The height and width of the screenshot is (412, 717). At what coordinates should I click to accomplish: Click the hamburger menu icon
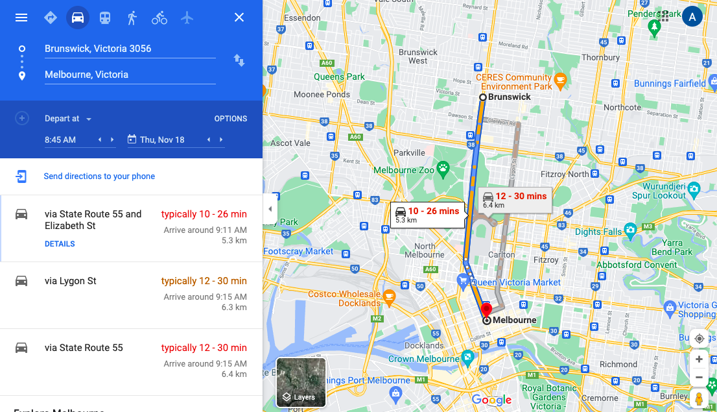[x=21, y=18]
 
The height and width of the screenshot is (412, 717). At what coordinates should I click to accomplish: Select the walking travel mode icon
[x=132, y=18]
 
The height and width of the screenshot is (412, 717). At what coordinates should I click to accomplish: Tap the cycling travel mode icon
[x=159, y=18]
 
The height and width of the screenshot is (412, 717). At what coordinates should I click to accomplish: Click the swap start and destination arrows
[x=239, y=60]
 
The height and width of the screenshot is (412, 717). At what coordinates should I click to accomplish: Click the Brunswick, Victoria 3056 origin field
[x=130, y=49]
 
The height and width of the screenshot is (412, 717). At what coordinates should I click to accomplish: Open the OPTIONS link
[x=231, y=119]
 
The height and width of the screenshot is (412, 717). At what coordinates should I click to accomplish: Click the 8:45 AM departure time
[x=60, y=139]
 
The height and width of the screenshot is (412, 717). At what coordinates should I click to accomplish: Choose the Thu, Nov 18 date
[x=162, y=139]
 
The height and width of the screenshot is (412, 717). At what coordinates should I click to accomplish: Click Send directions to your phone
[x=99, y=176]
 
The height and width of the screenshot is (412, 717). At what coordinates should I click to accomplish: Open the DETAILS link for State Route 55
[x=60, y=244]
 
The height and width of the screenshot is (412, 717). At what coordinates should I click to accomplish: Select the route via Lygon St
[x=71, y=281]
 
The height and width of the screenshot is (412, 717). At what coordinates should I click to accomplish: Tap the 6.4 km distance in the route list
[x=234, y=374]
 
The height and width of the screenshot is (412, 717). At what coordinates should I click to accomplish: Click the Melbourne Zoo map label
[x=404, y=170]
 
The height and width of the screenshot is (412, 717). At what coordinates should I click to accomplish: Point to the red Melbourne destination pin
[x=486, y=309]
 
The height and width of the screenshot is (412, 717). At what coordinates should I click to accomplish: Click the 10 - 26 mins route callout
[x=427, y=214]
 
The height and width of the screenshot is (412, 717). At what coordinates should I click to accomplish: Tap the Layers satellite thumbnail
[x=301, y=382]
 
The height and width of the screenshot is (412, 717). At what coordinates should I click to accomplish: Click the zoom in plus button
[x=699, y=359]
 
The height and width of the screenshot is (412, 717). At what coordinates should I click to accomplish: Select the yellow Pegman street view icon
[x=699, y=398]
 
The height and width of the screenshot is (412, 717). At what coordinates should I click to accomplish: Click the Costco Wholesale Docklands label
[x=344, y=298]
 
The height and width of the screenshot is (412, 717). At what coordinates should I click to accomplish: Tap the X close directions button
[x=239, y=18]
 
